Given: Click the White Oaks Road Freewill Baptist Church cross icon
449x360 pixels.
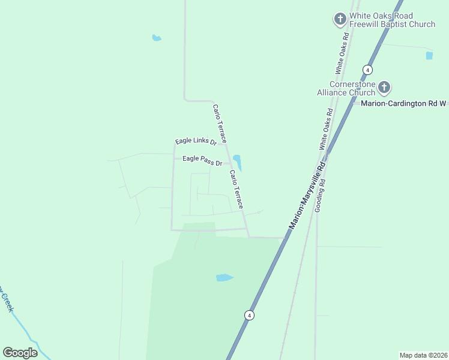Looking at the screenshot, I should click(340, 19).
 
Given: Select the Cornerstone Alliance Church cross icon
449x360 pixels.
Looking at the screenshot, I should click(384, 88).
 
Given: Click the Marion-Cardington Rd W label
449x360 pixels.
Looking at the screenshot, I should click(403, 103).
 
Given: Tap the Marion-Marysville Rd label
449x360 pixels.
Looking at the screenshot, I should click(307, 195).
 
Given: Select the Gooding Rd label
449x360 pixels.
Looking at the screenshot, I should click(322, 190).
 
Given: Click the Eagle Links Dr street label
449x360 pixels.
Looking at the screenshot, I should click(196, 141).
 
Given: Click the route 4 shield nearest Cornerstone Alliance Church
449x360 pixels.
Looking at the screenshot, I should click(365, 69).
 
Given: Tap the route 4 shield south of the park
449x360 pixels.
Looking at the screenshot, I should click(249, 315).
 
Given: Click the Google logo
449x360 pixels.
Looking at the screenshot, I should click(20, 352).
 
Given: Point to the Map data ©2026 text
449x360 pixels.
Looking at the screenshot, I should click(423, 355).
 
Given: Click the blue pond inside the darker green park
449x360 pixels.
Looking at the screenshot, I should click(224, 278).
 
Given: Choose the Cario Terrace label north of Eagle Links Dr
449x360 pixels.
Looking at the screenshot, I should click(219, 122).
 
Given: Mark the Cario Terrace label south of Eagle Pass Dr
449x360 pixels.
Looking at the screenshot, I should click(236, 189).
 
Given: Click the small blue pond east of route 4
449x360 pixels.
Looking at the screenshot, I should click(429, 55).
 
